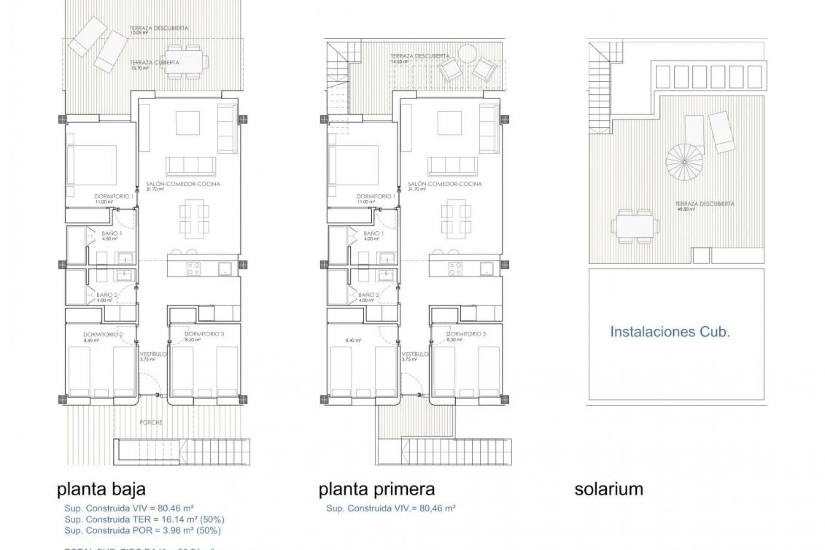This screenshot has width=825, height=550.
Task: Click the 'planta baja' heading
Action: pyautogui.click(x=101, y=489)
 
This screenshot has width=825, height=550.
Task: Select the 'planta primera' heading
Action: pyautogui.click(x=377, y=489)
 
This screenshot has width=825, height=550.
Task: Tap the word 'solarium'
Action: pyautogui.click(x=608, y=489)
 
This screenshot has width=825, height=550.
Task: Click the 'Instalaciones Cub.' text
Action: pyautogui.click(x=670, y=332)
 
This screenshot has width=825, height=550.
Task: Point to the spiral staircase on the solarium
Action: pyautogui.click(x=684, y=162)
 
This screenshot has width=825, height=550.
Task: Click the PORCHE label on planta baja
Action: pyautogui.click(x=151, y=422)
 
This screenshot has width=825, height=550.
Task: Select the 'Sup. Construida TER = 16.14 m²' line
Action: pyautogui.click(x=144, y=519)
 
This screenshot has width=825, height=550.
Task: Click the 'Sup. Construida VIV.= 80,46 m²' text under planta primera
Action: pyautogui.click(x=391, y=508)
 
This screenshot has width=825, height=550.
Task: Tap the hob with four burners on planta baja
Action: pyautogui.click(x=193, y=269)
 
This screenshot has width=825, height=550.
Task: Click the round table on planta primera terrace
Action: pyautogui.click(x=467, y=55)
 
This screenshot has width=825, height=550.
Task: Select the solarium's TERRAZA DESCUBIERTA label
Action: pyautogui.click(x=705, y=204)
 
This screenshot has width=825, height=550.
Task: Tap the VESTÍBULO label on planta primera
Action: pyautogui.click(x=415, y=354)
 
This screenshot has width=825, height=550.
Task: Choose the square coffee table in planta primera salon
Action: pyautogui.click(x=449, y=123)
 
